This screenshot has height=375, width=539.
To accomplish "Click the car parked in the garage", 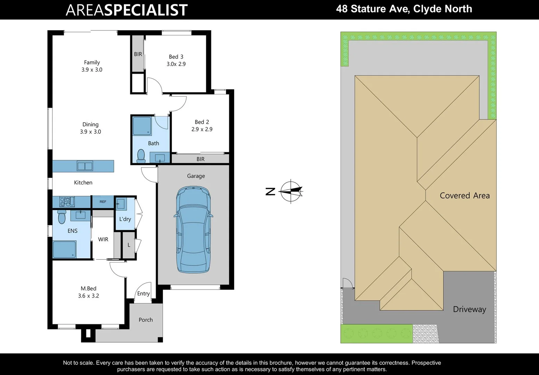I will click(193, 229).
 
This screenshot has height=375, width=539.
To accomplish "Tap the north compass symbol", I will click(291, 191).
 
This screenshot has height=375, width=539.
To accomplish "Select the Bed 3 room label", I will click(176, 57).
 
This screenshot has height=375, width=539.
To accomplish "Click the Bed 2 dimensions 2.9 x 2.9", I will click(202, 129).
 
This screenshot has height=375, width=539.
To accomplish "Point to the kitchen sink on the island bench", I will click(85, 166).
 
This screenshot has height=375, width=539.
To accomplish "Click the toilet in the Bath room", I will click(141, 156).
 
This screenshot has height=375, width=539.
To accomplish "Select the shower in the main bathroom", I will click(142, 126).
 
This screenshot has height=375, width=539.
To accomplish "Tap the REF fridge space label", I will click(103, 202).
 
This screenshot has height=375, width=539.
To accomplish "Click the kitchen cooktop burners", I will click(65, 201).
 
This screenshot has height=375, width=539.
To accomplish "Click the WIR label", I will click(103, 240).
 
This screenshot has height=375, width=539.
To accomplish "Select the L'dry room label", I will click(125, 219).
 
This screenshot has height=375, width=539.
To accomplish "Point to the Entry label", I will click(143, 294).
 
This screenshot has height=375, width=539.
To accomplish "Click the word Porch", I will click(146, 320).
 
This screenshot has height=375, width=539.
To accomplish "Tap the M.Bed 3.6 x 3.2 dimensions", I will click(89, 296).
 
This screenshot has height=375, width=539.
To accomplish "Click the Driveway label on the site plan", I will click(469, 309).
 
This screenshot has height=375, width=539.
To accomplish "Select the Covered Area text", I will click(465, 196).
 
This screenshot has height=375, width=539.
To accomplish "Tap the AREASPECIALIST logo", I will click(127, 10).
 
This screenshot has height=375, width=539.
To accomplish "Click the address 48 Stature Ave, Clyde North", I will click(404, 9).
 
